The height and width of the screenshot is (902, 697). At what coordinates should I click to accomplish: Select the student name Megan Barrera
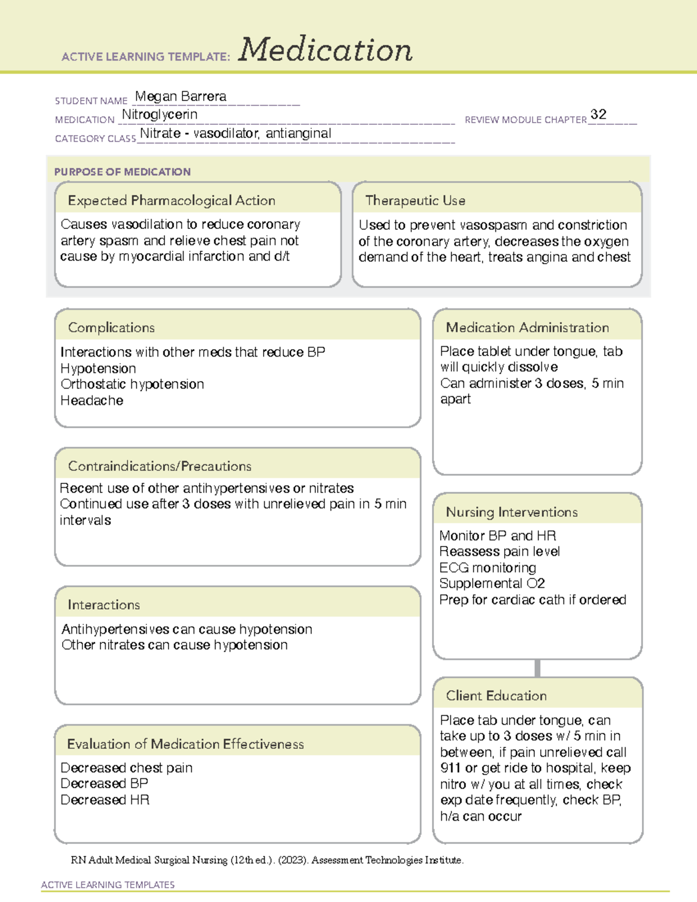tap(181, 96)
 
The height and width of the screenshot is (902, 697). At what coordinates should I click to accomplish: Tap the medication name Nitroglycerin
tap(160, 114)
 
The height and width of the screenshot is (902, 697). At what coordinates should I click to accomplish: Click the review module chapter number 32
tap(598, 114)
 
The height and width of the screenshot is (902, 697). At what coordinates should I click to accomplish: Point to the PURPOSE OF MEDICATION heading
tap(123, 172)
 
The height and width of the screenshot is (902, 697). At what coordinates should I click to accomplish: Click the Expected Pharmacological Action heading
tap(171, 200)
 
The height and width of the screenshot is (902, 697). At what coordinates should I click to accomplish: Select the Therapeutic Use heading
tap(415, 200)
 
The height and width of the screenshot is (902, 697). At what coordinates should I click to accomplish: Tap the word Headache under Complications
tap(92, 400)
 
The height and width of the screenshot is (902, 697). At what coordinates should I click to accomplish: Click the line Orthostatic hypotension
tap(132, 384)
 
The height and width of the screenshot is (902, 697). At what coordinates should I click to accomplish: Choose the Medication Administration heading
tap(527, 328)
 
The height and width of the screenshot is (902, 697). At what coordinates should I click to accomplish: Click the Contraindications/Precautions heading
tap(160, 466)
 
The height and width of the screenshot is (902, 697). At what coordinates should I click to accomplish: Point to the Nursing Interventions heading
tap(512, 512)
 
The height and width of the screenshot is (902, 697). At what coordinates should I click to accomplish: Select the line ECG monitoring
tap(487, 567)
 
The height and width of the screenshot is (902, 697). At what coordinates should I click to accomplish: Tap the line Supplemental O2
tap(492, 583)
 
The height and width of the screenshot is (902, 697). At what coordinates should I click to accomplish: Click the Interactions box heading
tap(104, 605)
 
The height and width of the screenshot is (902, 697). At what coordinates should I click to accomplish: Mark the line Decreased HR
tap(105, 800)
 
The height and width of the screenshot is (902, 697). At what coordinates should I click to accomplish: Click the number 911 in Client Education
tap(451, 768)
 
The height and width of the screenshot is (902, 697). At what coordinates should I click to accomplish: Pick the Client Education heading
tap(496, 695)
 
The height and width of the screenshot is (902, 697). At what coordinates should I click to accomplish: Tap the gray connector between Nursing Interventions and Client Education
tap(537, 668)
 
